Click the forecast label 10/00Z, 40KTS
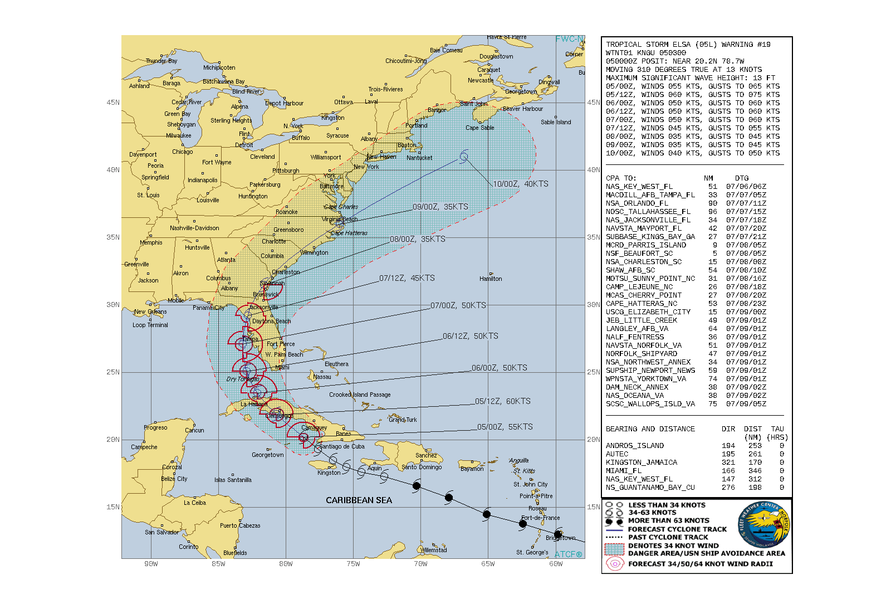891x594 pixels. click(x=521, y=184)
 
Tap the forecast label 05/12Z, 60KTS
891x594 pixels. click(x=503, y=401)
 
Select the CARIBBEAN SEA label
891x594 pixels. click(x=359, y=500)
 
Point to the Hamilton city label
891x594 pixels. click(x=491, y=279)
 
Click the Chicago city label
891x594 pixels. click(x=182, y=152)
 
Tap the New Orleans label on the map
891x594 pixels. click(x=150, y=312)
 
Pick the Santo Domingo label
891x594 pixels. click(x=422, y=467)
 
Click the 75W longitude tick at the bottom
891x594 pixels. click(x=353, y=564)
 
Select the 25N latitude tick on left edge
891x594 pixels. click(x=113, y=372)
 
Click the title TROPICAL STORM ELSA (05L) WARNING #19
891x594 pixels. click(x=688, y=45)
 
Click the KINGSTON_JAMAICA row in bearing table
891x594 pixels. click(x=642, y=462)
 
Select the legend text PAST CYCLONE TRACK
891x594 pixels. click(x=668, y=537)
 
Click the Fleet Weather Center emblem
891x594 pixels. click(x=764, y=524)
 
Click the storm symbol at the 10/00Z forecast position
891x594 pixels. click(x=463, y=157)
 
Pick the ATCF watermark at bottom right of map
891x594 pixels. click(x=568, y=554)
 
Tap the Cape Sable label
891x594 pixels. click(x=479, y=128)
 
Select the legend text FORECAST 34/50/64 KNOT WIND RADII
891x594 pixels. click(x=701, y=564)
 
